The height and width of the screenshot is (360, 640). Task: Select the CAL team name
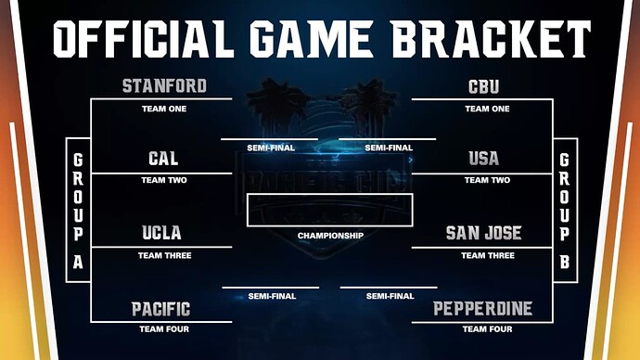click(x=163, y=160)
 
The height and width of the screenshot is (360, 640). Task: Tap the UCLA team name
click(x=162, y=233)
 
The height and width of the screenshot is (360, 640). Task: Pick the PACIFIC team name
click(x=161, y=309)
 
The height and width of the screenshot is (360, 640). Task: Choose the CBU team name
click(x=484, y=87)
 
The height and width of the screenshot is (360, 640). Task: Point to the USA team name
click(x=484, y=160)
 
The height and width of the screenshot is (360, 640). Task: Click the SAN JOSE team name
click(x=484, y=233)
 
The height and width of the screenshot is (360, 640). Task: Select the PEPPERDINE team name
click(x=484, y=309)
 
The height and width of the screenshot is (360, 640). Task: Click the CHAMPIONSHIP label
click(x=330, y=236)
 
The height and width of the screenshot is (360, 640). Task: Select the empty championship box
click(x=330, y=211)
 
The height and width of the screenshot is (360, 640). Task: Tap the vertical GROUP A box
click(x=78, y=210)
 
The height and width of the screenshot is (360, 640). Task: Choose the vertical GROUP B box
click(x=565, y=210)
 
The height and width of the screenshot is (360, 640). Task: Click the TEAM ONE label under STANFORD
click(x=164, y=109)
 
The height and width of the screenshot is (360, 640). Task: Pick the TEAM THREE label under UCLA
click(x=164, y=255)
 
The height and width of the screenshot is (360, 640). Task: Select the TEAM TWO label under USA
click(x=487, y=180)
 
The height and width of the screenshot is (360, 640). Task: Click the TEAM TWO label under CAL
click(x=164, y=180)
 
